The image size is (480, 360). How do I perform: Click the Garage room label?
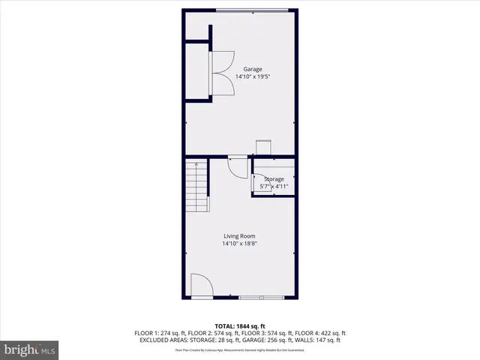click(x=241, y=69)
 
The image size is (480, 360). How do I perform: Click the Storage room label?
click(x=274, y=179)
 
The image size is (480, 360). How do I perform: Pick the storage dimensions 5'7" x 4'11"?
click(x=274, y=186)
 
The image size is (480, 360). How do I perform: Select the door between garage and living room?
click(x=237, y=165)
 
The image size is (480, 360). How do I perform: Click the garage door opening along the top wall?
click(x=251, y=10)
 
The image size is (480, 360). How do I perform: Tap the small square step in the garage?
click(x=264, y=148)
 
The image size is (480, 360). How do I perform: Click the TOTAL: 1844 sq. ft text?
click(x=239, y=325)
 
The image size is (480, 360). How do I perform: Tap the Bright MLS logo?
click(x=30, y=349)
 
